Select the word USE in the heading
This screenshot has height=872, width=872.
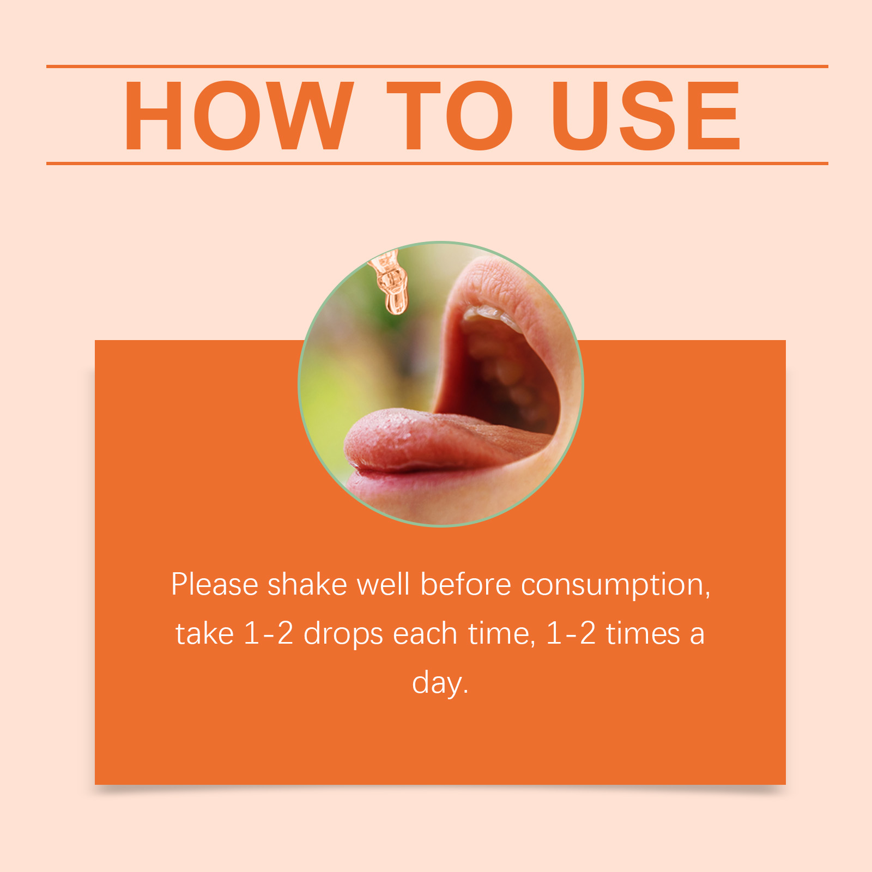646,116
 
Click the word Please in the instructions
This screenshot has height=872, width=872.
215,585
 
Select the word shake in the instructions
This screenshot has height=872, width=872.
307,585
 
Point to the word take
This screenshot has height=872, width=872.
204,634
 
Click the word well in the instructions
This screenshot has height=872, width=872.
383,585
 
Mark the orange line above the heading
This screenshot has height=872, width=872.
437,66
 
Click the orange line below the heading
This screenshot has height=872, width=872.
437,163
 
